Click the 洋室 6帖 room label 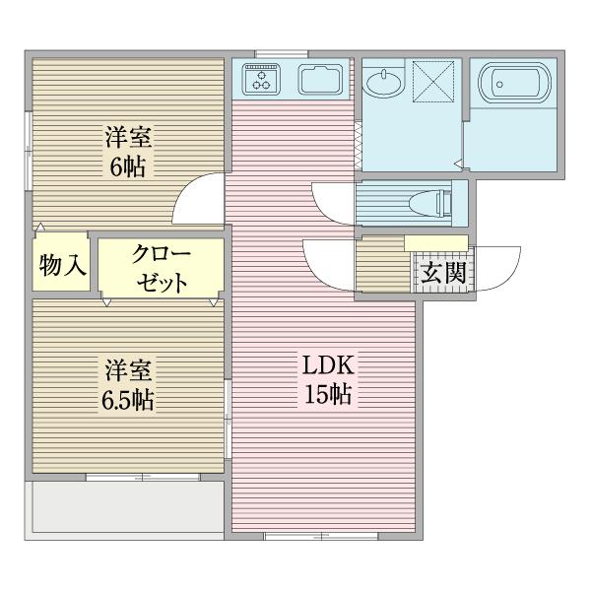pyautogui.click(x=128, y=150)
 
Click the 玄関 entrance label pyautogui.click(x=442, y=273)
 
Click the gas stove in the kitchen pyautogui.click(x=262, y=79)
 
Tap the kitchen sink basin pyautogui.click(x=319, y=80)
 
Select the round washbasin pyautogui.click(x=383, y=83)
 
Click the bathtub pyautogui.click(x=512, y=86)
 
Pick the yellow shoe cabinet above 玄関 pyautogui.click(x=435, y=243)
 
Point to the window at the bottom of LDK pyautogui.click(x=320, y=536)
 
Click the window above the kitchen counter pyautogui.click(x=281, y=52)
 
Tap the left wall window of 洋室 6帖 pyautogui.click(x=29, y=148)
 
